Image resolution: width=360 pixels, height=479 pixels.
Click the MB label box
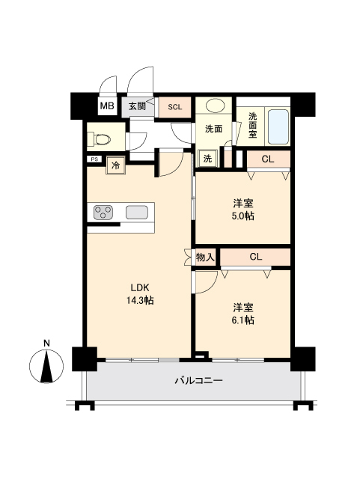[106, 106]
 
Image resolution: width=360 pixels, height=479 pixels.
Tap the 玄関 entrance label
[136, 106]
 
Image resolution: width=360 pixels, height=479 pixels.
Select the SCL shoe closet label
[174, 106]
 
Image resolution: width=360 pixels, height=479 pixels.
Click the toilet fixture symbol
[100, 138]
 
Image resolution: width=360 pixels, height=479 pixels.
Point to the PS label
[94, 159]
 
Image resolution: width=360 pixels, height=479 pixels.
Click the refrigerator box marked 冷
[116, 165]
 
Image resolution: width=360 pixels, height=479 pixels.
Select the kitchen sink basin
[137, 212]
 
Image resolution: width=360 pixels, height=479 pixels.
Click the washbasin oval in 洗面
[214, 106]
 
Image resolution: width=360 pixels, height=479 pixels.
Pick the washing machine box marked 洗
[207, 159]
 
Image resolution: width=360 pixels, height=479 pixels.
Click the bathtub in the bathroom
[277, 127]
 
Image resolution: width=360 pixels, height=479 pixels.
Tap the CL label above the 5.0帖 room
[267, 159]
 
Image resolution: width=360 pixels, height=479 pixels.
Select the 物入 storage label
[205, 257]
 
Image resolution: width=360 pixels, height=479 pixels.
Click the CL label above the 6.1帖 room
[255, 257]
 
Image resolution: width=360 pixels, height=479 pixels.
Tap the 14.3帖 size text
[141, 301]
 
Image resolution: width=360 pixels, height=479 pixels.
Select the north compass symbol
[46, 364]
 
